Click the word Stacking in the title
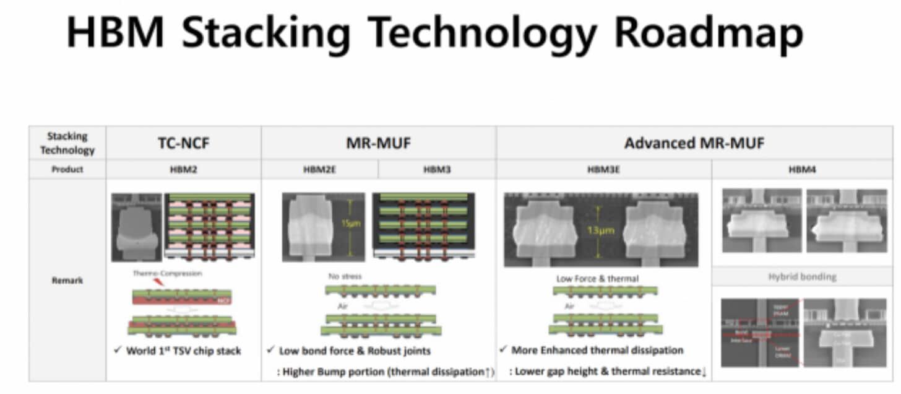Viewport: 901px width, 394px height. [265, 33]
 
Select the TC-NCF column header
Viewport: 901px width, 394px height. [183, 144]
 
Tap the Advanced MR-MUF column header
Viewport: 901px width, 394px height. [694, 144]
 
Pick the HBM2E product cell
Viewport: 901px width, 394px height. [319, 169]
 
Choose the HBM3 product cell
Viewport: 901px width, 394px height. [436, 169]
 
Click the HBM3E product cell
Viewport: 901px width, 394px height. [603, 169]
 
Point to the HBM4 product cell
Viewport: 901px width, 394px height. [802, 169]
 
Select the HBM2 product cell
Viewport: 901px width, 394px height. [183, 169]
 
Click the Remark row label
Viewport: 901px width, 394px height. [67, 280]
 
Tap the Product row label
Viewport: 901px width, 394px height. [67, 169]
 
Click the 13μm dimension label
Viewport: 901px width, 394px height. [600, 230]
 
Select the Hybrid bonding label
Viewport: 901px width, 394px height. [802, 277]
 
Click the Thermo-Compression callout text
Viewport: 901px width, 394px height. [167, 273]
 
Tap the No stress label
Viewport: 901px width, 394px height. [345, 276]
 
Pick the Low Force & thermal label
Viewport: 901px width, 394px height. [597, 279]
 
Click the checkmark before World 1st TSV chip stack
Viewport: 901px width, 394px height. [118, 350]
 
